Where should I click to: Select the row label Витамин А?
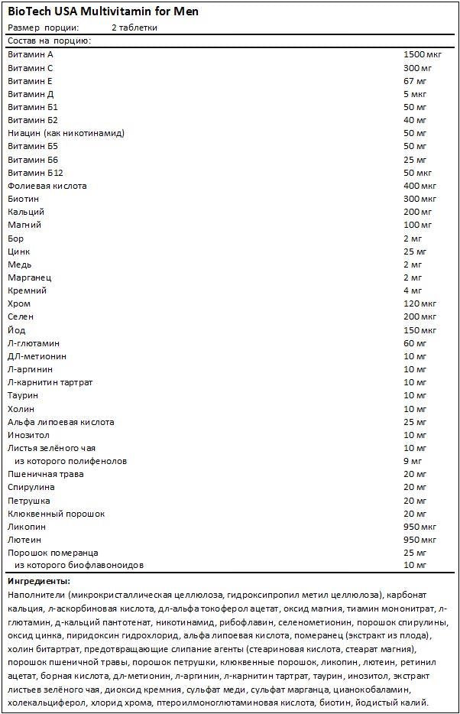click(31, 54)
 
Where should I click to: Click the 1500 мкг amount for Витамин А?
click(423, 54)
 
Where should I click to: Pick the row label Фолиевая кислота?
click(47, 186)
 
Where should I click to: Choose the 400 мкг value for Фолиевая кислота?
click(420, 186)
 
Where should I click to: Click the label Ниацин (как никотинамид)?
click(66, 133)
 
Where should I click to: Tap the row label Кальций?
click(26, 212)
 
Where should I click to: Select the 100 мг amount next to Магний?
click(417, 225)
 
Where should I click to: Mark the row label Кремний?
click(27, 290)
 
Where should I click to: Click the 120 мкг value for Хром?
click(420, 303)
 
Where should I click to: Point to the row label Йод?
click(16, 330)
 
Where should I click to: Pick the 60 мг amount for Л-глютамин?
click(415, 343)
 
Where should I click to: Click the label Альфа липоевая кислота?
click(60, 422)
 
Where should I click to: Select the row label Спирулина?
click(30, 487)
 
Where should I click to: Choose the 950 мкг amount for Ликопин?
click(420, 527)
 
